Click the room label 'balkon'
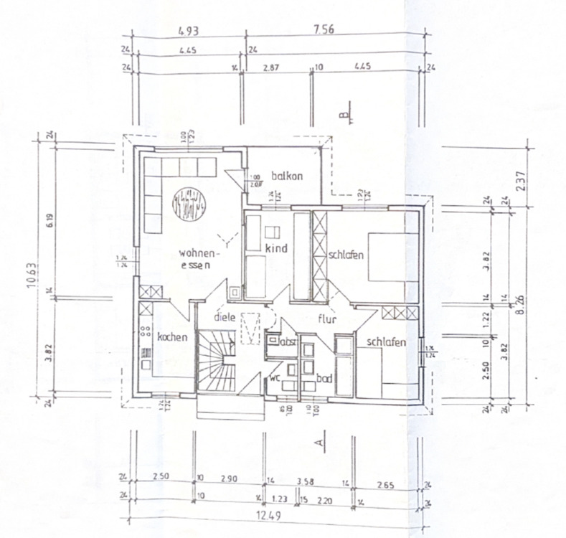tap(288, 176)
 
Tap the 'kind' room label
tap(276, 248)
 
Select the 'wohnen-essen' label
tap(199, 258)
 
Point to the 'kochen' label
tap(172, 336)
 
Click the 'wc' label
tap(274, 377)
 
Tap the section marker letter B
tap(344, 113)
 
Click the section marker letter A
tap(319, 443)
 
